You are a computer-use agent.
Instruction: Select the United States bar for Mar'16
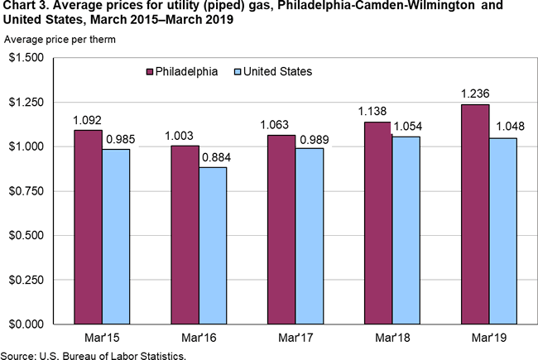pyautogui.click(x=213, y=245)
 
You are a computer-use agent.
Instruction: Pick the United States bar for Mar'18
pyautogui.click(x=406, y=229)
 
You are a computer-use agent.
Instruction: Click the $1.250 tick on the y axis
pyautogui.click(x=26, y=102)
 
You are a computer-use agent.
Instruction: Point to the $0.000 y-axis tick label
pyautogui.click(x=26, y=323)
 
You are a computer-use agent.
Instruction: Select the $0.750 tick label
pyautogui.click(x=26, y=190)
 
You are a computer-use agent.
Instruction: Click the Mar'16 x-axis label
pyautogui.click(x=199, y=339)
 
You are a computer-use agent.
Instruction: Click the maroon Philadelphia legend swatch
pyautogui.click(x=149, y=71)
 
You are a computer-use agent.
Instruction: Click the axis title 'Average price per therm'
pyautogui.click(x=60, y=40)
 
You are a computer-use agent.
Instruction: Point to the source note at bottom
pyautogui.click(x=93, y=354)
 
